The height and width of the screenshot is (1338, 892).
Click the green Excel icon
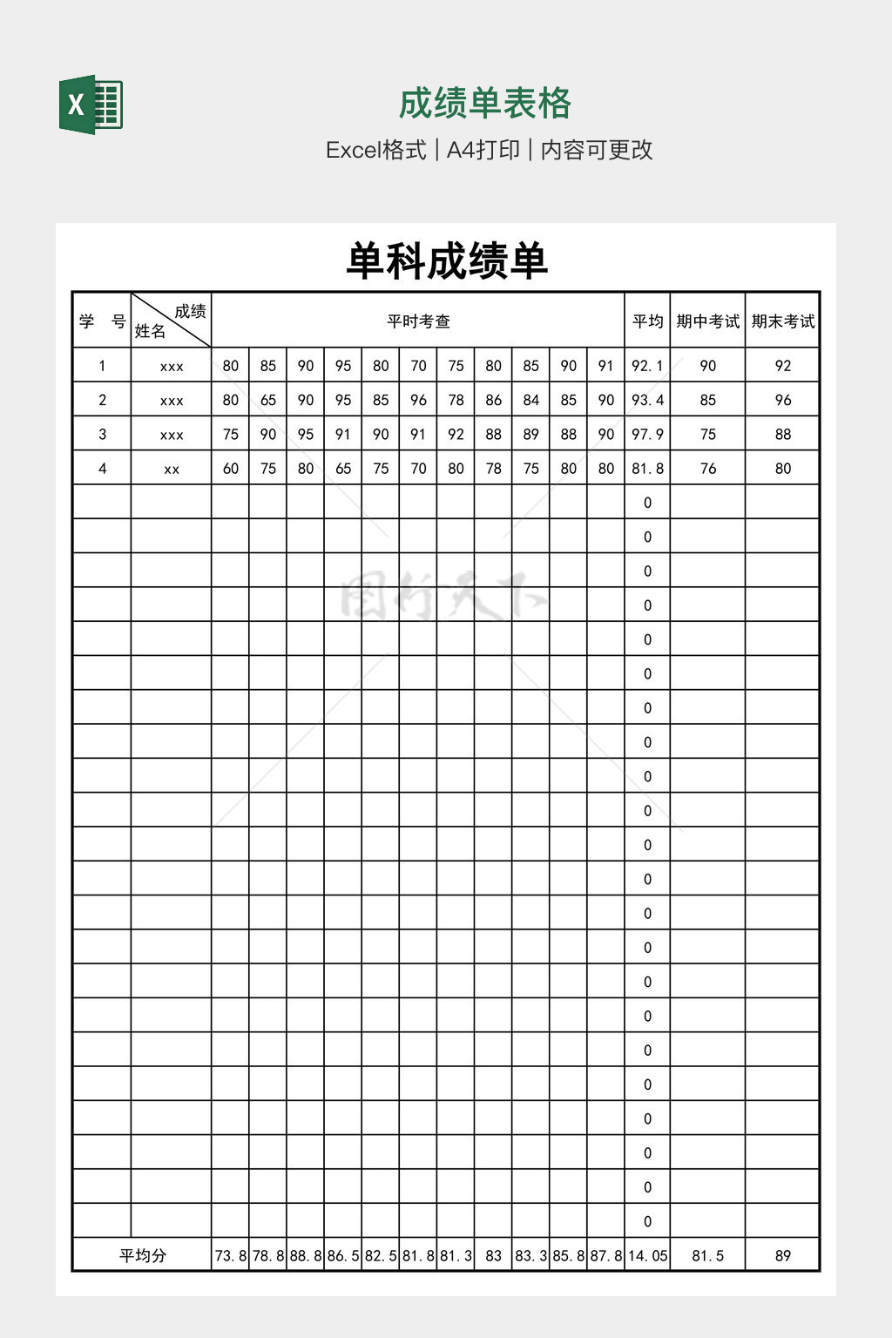(x=91, y=105)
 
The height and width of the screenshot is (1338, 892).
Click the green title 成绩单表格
(x=484, y=104)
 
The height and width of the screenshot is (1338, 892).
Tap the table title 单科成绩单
(x=446, y=260)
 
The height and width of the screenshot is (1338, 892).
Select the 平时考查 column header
(x=418, y=321)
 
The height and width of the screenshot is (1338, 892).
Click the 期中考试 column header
(x=707, y=321)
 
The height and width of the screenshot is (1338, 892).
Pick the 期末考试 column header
(x=782, y=321)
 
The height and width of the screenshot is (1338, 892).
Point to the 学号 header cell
(x=102, y=321)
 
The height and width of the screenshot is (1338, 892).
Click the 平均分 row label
(x=142, y=1255)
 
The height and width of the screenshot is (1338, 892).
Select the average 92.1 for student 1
(x=647, y=366)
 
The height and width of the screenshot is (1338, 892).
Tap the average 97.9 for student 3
(x=647, y=434)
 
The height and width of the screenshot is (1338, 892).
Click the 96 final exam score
(x=782, y=400)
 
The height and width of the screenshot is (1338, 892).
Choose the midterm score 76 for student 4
(x=707, y=469)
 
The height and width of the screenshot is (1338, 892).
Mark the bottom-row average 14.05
(x=647, y=1255)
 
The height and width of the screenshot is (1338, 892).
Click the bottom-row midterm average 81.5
(x=707, y=1255)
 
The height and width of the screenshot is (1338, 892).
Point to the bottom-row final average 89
(x=782, y=1255)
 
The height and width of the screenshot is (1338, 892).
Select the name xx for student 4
(x=172, y=469)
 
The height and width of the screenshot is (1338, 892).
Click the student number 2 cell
(x=102, y=400)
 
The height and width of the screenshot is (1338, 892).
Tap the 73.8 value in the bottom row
(x=230, y=1255)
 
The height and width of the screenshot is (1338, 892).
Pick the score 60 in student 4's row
(x=230, y=469)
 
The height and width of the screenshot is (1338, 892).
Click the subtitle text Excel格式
(x=375, y=150)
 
